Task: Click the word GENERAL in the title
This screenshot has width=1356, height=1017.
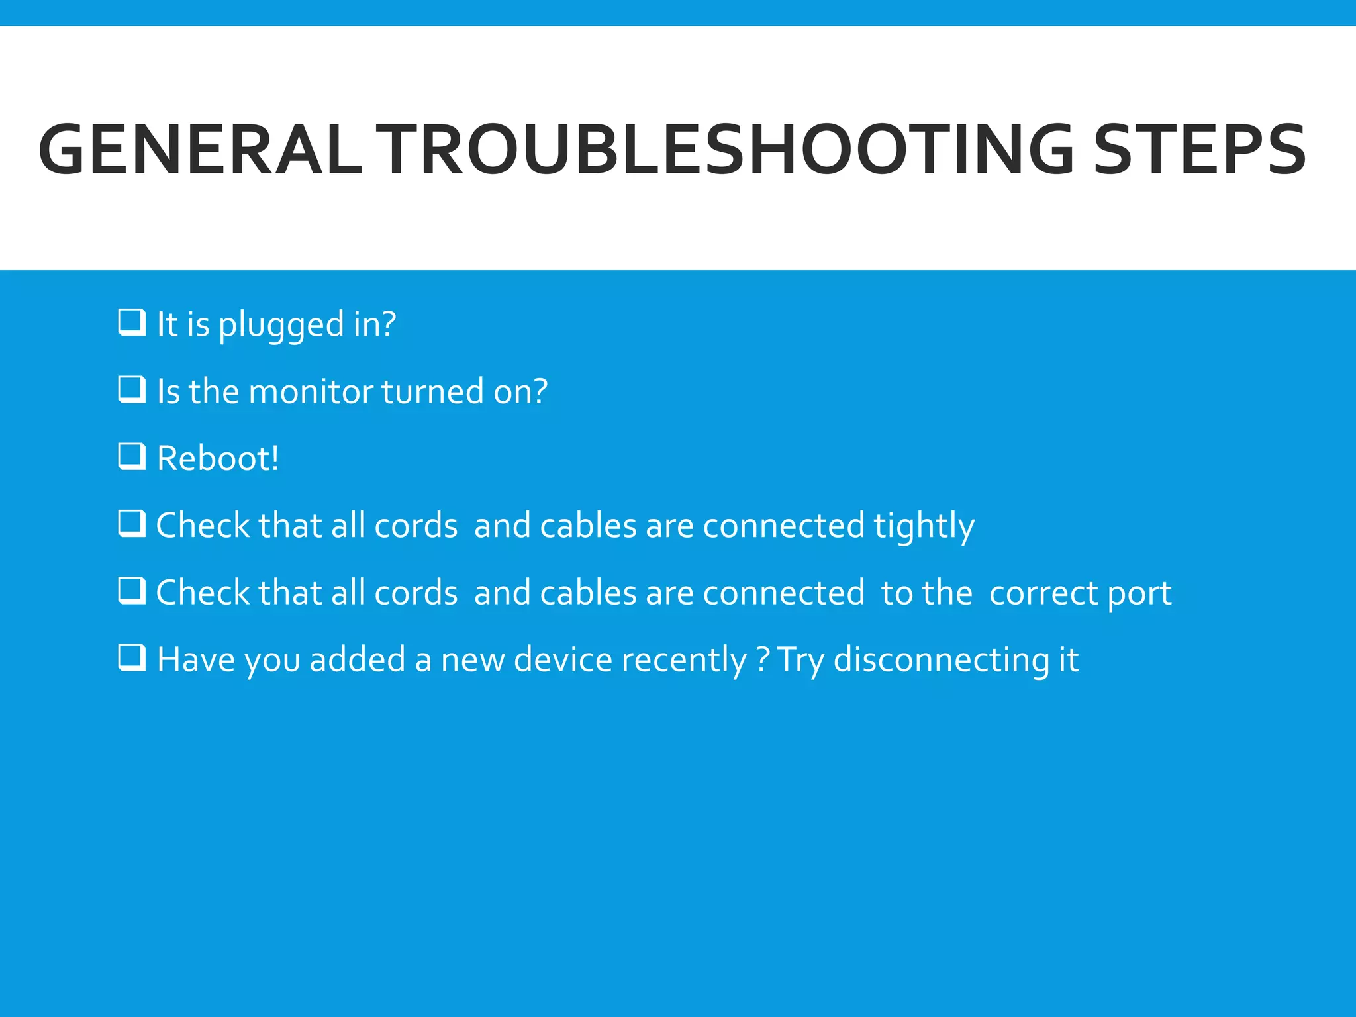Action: point(200,150)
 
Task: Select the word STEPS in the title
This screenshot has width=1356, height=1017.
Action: point(1200,150)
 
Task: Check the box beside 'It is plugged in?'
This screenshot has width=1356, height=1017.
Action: point(132,323)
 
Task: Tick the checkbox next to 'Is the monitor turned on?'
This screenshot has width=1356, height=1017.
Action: point(132,390)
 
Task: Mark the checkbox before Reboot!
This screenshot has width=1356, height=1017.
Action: point(132,457)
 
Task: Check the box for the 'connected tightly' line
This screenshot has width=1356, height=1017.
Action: point(132,524)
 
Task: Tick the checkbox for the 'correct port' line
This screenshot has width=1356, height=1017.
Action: point(132,591)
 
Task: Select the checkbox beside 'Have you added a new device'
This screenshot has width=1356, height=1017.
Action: point(132,658)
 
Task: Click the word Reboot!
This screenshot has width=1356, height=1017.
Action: point(218,458)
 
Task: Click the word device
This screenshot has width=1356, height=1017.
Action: point(563,659)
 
